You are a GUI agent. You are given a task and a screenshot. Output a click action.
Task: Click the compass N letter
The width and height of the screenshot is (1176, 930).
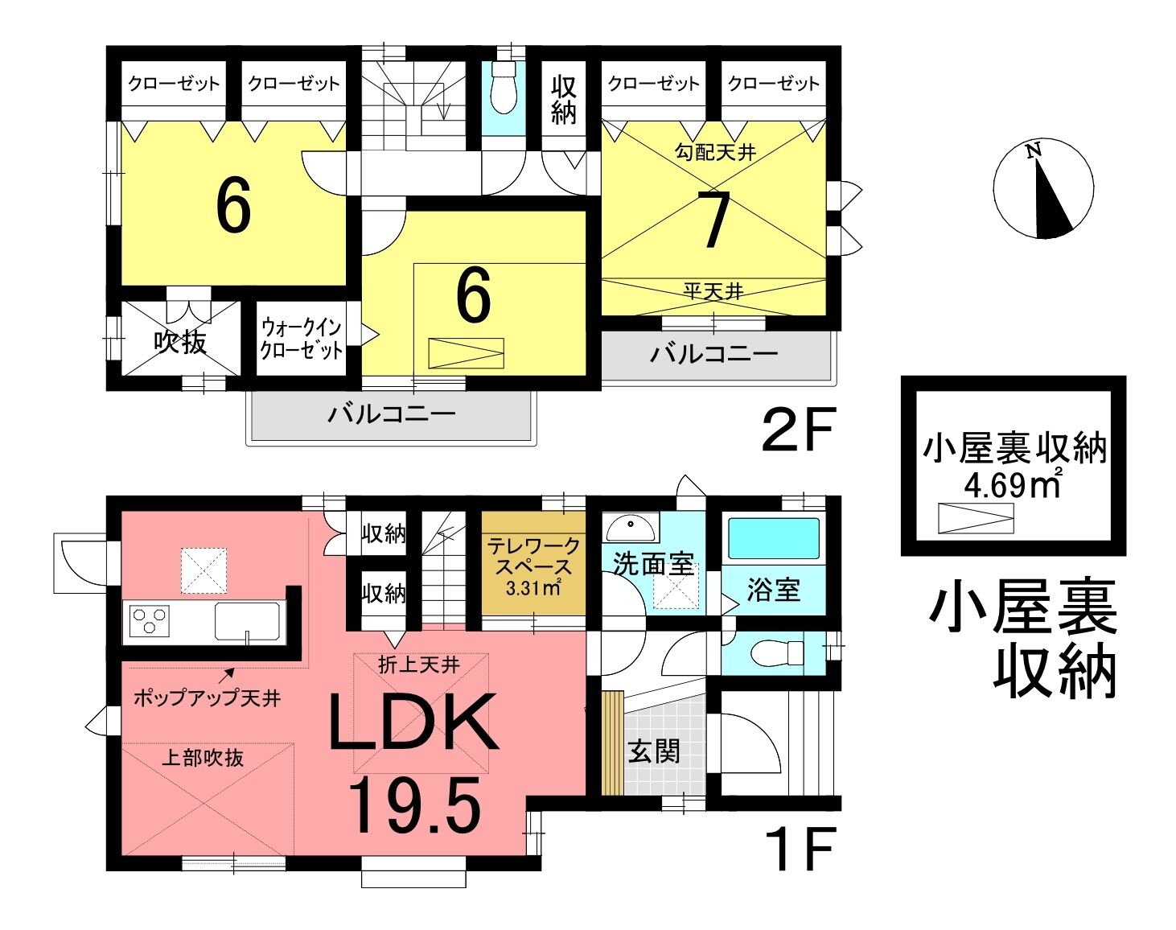click(1032, 150)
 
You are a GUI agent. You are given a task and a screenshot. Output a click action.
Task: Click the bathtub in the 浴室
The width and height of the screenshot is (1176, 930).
click(774, 538)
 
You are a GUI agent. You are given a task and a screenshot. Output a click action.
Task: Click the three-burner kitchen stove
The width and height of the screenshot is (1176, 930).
click(149, 621)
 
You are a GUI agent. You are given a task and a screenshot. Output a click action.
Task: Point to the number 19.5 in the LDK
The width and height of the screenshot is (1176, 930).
click(415, 806)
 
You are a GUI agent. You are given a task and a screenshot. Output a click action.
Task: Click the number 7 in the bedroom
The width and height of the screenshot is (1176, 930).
click(714, 221)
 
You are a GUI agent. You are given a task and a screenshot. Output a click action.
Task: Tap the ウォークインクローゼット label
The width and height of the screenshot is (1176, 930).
click(301, 339)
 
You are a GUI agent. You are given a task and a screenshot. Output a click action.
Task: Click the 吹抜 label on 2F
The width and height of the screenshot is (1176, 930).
click(180, 342)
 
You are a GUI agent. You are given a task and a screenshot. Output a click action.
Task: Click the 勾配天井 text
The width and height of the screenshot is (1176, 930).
click(715, 152)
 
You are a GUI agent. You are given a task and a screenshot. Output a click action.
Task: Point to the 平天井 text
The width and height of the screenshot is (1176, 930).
click(713, 291)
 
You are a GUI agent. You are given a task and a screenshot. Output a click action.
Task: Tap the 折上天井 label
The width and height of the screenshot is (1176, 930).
click(418, 665)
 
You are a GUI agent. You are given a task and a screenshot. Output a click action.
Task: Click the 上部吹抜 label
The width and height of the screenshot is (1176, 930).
click(203, 758)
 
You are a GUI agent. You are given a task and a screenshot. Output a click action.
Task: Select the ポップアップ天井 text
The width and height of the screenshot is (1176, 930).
click(207, 698)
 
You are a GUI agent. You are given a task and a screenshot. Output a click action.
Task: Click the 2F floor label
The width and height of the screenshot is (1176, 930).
click(799, 428)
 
